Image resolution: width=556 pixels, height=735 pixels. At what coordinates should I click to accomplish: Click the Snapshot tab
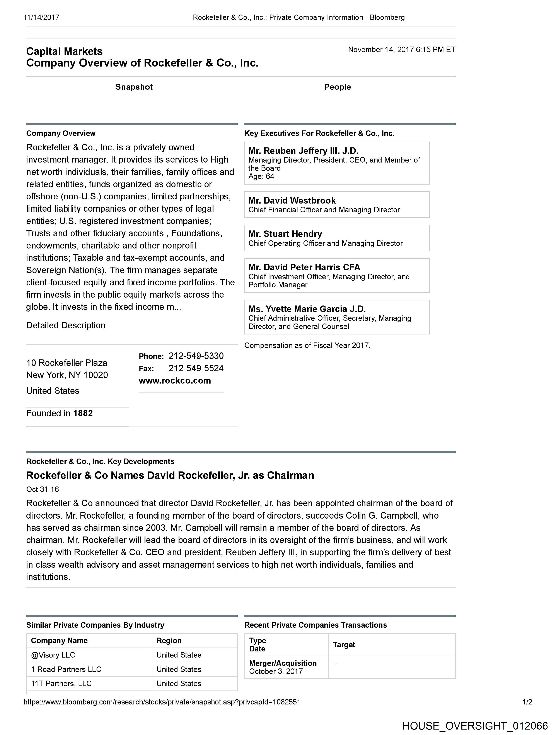point(134,87)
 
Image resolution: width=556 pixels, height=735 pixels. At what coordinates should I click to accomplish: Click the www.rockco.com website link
point(175,380)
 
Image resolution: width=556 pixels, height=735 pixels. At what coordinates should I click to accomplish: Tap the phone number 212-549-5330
point(196,356)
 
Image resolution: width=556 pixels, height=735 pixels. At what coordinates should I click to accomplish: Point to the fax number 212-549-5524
point(196,368)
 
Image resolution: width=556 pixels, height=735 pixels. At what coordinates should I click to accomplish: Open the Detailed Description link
point(66,325)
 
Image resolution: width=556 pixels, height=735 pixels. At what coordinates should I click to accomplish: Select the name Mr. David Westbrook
point(292,201)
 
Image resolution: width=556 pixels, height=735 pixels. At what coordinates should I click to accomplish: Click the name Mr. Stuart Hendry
point(285,234)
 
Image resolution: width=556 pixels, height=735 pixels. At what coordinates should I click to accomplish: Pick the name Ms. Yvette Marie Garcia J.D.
point(307,309)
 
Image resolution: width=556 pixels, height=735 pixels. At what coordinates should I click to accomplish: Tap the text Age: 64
point(261,176)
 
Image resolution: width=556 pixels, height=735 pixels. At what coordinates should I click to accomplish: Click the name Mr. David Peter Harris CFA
point(304,267)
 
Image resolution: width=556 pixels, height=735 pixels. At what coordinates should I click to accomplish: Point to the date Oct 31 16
point(43,489)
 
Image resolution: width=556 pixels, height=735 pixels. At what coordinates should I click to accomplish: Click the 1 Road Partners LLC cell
point(66,669)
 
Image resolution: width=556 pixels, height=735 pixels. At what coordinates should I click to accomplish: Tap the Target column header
point(344,645)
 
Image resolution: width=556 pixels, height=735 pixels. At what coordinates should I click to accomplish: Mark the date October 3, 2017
point(276,671)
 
